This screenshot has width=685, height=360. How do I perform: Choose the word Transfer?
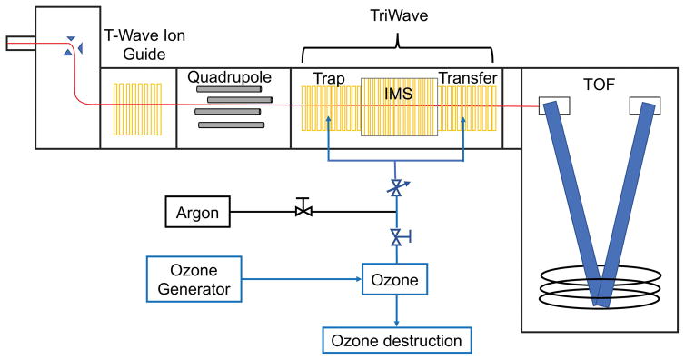click(468, 80)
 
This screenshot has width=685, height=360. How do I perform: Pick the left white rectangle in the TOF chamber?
click(554, 106)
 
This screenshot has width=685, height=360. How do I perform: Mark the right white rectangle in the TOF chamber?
click(643, 106)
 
